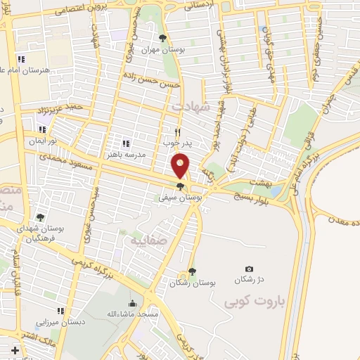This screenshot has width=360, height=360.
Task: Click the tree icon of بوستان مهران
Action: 163,38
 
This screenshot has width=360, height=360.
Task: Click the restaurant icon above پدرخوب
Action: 178,131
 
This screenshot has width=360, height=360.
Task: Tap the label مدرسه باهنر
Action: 125,153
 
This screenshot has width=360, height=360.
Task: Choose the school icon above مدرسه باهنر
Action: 125,143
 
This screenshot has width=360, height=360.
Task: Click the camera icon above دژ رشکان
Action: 249,269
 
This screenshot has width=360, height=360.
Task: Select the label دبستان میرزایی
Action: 60,321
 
